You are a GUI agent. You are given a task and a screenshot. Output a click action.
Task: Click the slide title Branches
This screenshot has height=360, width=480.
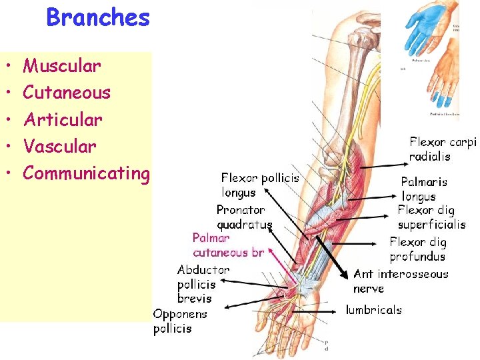[x=98, y=17]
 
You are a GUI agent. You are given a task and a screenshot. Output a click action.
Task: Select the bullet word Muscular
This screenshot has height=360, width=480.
[x=62, y=66]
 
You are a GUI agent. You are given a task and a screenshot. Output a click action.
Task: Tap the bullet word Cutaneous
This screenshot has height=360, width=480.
[x=67, y=93]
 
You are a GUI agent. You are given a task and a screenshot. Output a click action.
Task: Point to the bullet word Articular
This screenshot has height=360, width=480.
[x=63, y=120]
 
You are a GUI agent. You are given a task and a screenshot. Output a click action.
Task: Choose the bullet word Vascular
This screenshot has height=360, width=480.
[x=59, y=147]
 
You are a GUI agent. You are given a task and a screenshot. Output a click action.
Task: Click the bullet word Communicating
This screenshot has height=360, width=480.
[x=86, y=173]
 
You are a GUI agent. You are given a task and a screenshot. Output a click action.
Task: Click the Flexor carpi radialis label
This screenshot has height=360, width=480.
[x=443, y=149]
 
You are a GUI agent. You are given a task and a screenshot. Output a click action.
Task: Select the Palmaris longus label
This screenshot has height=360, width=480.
[x=424, y=189]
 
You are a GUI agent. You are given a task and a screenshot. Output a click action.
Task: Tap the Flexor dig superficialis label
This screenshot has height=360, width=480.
[x=431, y=217]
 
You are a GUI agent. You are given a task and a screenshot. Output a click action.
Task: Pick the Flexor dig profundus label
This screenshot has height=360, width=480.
[x=418, y=249]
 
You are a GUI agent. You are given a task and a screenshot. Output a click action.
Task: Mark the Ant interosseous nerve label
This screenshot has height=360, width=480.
[x=401, y=281]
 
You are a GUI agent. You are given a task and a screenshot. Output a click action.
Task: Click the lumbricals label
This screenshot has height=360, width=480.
[x=373, y=310]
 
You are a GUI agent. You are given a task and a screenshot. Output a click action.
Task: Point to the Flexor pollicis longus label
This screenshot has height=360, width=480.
[x=260, y=185]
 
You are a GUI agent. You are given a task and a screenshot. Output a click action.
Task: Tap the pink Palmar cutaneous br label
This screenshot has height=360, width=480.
[x=228, y=245]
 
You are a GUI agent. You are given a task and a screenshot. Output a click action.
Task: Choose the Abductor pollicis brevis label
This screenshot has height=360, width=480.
[x=203, y=284]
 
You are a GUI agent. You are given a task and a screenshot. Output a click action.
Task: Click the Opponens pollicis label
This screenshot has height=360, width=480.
[x=180, y=321]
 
